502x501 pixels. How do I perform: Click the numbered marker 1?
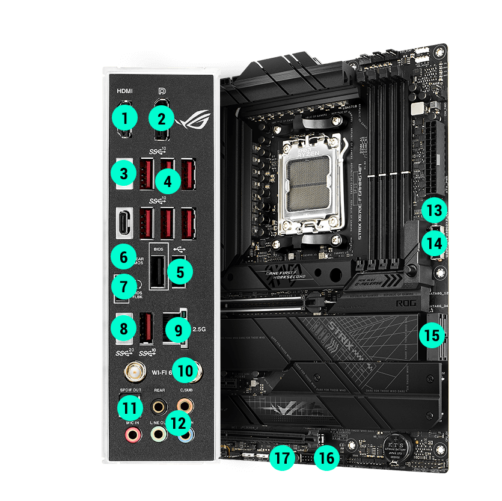[124, 117]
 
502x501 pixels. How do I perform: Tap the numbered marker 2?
[161, 117]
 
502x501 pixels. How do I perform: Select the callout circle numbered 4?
[168, 180]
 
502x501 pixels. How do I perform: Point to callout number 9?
[177, 330]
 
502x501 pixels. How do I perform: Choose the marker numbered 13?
[434, 211]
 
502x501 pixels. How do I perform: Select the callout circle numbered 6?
[124, 257]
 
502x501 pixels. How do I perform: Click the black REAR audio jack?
[159, 406]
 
